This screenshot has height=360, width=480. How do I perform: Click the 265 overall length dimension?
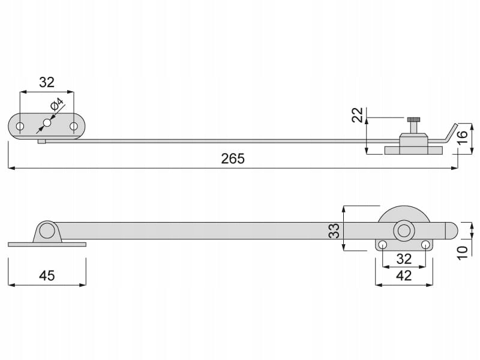coord(233,159)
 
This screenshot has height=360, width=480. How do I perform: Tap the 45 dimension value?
coord(47,275)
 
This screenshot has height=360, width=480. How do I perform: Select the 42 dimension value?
coord(404,276)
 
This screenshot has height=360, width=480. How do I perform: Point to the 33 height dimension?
coord(334,230)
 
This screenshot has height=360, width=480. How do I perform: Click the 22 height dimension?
coord(357,115)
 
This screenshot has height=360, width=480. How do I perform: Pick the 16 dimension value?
coord(463,137)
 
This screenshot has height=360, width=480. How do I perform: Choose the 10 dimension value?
coord(462,253)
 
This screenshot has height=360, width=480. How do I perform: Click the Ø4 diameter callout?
coord(56,104)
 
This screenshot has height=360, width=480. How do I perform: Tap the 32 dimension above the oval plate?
coord(47,82)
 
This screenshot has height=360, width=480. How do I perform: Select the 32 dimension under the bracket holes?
coord(404,259)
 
